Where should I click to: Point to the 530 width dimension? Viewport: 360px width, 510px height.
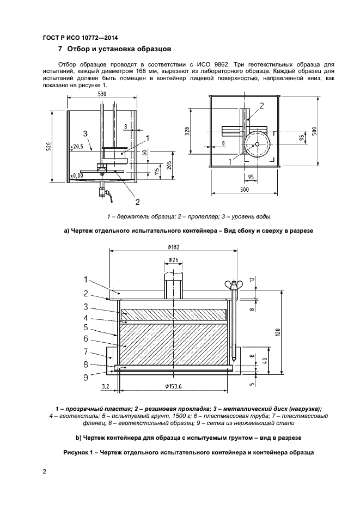point(102,94)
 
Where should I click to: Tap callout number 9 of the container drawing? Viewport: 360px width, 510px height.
point(86,375)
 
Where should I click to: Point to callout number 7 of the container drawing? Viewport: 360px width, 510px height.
point(86,351)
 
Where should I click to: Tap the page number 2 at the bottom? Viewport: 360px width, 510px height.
point(45,471)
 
